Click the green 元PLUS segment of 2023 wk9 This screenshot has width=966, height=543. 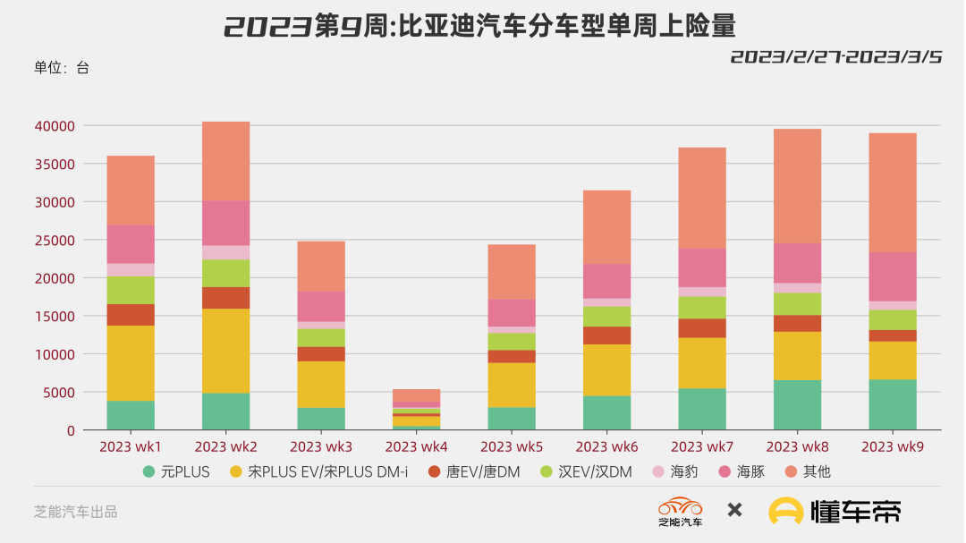pos(893,404)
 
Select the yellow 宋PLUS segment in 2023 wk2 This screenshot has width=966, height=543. pos(225,351)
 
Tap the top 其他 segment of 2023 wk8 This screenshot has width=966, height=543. pos(797,186)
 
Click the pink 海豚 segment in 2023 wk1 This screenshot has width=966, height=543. pos(131,244)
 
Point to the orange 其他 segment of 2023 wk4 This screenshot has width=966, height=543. pos(416,395)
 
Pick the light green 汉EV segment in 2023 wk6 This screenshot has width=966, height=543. pos(606,317)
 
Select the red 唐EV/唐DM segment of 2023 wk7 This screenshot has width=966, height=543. pos(702,328)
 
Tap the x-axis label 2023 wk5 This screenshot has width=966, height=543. pos(512,446)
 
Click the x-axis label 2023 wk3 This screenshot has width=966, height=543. pos(321,446)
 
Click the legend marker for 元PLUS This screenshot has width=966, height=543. pos(148,471)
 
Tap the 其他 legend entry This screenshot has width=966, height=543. pos(809,471)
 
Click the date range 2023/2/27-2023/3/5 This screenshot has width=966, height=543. pos(835,57)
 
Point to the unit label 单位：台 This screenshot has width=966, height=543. pos(62,67)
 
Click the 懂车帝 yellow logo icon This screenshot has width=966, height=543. pos(786,511)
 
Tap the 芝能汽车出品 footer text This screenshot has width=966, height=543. pos(76,512)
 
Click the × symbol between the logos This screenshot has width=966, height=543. pos(734,511)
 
